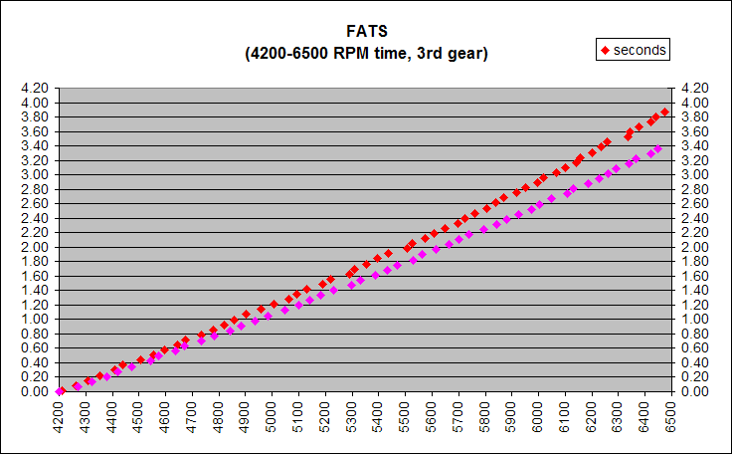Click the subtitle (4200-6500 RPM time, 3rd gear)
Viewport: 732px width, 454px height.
pos(366,54)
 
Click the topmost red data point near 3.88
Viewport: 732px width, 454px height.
pos(664,113)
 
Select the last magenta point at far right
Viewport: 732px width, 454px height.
pos(657,148)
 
